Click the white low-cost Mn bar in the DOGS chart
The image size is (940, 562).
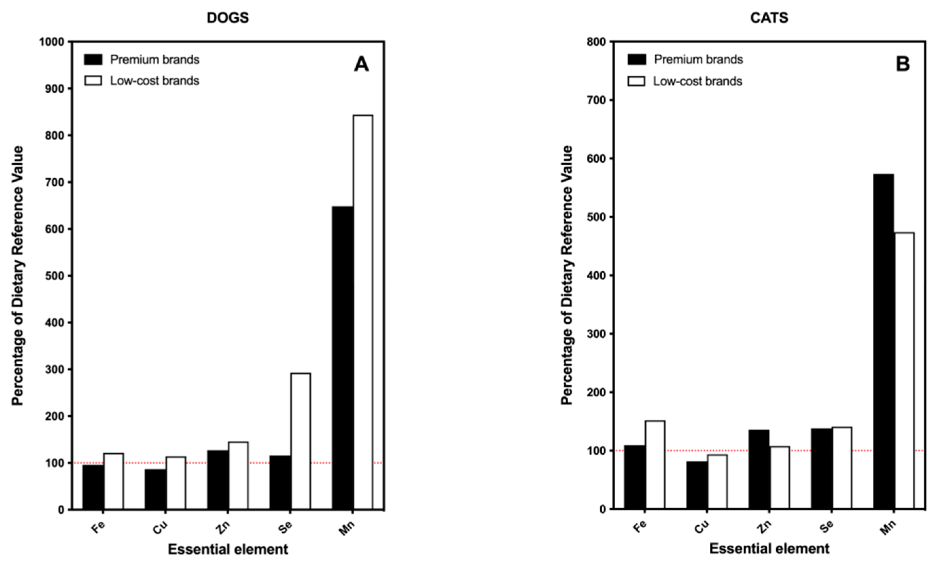click(x=363, y=312)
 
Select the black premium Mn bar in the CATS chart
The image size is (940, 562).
click(x=883, y=341)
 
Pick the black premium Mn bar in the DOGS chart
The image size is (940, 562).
click(x=342, y=358)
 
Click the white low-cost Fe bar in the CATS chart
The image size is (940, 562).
click(x=655, y=464)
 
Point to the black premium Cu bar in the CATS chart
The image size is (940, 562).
click(x=697, y=485)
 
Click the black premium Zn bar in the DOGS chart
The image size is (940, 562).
click(x=217, y=479)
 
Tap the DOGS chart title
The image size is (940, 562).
click(x=228, y=18)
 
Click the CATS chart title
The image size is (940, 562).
click(x=769, y=18)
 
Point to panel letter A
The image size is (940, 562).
click(x=361, y=65)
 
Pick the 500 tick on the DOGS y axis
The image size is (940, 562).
click(x=54, y=276)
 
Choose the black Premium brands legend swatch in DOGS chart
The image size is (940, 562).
click(x=93, y=59)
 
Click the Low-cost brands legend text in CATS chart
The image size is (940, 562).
click(x=697, y=81)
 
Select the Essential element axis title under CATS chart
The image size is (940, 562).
click(x=769, y=549)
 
